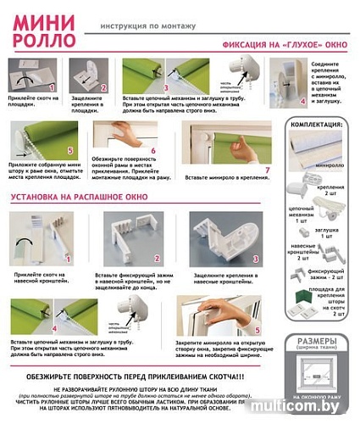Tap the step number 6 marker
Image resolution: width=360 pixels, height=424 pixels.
click(x=153, y=153)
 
